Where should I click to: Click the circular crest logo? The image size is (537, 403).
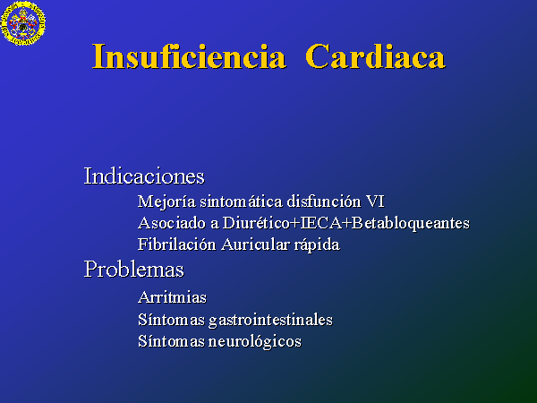tap(23, 23)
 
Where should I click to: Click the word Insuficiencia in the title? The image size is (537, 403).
tap(189, 56)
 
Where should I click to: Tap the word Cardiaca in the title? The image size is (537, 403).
tap(375, 56)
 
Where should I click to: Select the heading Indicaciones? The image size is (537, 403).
tap(144, 176)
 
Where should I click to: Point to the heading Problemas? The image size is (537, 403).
tap(134, 269)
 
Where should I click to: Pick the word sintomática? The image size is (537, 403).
tap(242, 201)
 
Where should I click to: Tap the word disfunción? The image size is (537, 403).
tap(324, 201)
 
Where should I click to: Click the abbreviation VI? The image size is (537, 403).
tap(375, 201)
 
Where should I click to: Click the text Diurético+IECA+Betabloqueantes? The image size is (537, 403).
tap(345, 223)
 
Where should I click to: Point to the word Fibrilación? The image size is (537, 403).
tap(176, 244)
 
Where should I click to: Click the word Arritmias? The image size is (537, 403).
tap(172, 297)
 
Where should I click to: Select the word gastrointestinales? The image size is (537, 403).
tap(270, 320)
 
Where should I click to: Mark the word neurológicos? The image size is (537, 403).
tap(255, 342)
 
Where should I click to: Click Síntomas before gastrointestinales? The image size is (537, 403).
tap(171, 320)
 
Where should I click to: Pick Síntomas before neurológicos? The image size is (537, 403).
tap(171, 341)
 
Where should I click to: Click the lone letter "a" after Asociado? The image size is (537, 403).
tap(215, 225)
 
